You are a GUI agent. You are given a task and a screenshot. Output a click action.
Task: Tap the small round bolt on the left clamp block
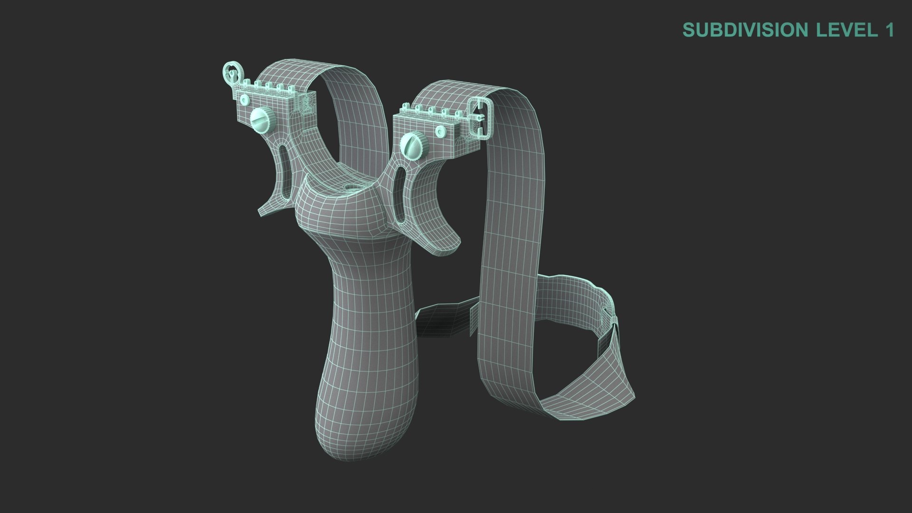[245, 100]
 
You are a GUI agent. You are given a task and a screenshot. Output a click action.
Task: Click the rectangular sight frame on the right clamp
[479, 117]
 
